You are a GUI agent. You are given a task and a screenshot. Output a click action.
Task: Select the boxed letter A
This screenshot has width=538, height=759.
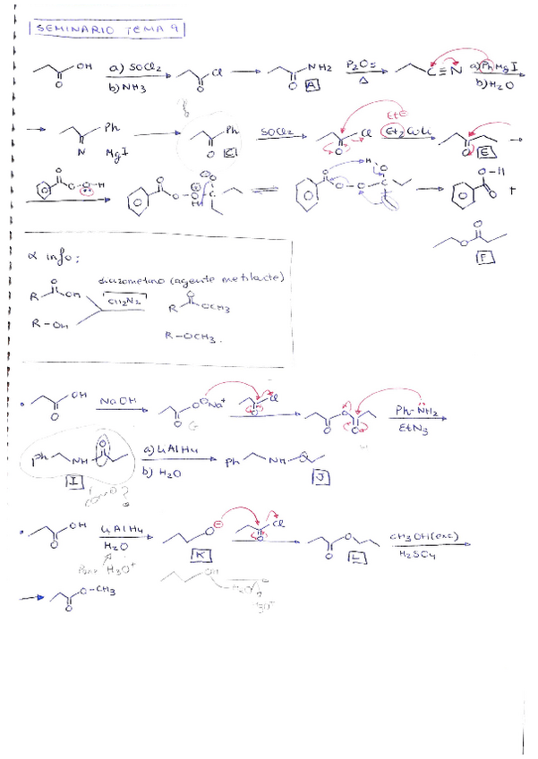point(312,84)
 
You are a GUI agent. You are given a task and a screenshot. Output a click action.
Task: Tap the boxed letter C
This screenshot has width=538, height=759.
point(229,153)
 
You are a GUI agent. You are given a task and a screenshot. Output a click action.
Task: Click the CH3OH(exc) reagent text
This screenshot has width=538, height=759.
point(426,536)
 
